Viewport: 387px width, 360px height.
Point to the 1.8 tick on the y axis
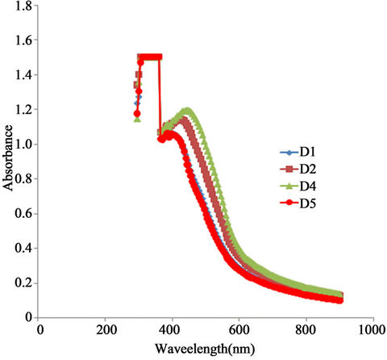[25, 6]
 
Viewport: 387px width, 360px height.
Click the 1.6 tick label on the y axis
[25, 40]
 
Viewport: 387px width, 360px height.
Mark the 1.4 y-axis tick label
[25, 75]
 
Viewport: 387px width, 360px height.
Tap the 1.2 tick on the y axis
[25, 110]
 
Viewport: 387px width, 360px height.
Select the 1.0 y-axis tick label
[25, 144]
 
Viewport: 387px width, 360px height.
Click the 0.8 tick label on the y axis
[25, 179]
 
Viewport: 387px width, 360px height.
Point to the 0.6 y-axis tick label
[25, 214]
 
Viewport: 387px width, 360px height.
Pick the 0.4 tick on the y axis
[25, 249]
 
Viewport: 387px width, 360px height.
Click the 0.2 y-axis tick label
[25, 283]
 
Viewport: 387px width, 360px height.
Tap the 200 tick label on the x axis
[106, 330]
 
